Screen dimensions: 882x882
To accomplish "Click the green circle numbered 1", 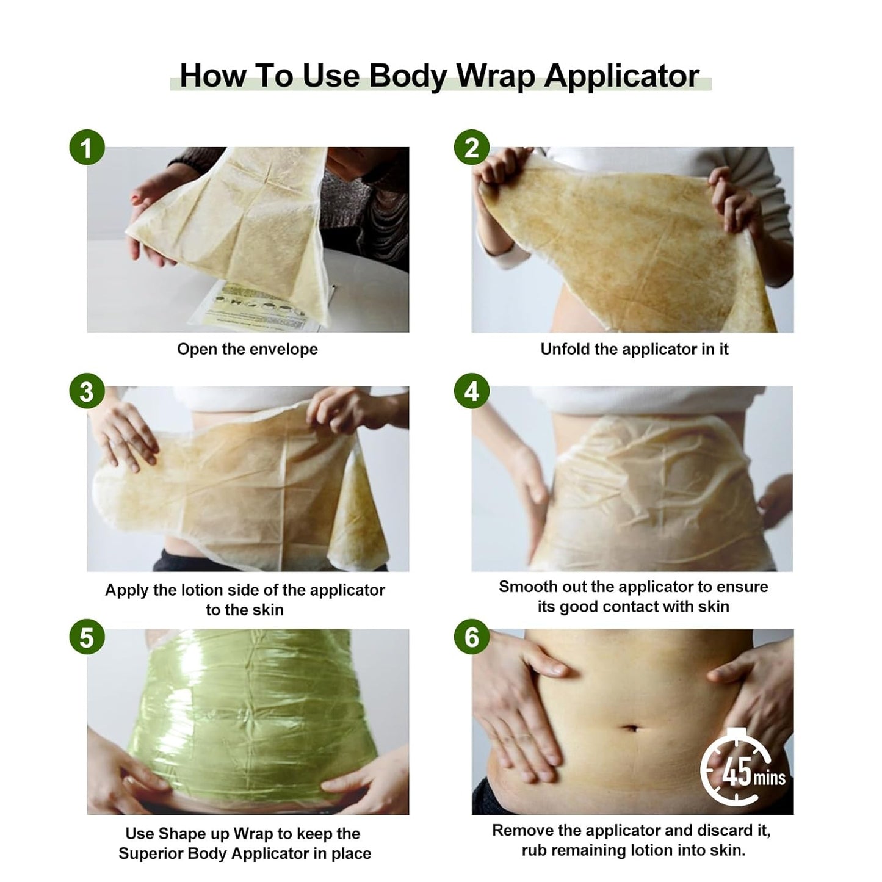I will [87, 148].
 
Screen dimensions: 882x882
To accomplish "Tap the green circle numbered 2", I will [472, 148].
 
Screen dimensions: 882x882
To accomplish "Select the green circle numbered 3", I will [87, 391].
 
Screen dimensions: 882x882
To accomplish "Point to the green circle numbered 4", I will [472, 391].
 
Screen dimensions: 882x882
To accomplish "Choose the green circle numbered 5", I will [87, 637].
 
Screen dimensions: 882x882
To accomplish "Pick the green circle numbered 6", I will [472, 637].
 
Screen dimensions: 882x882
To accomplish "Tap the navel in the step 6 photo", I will [632, 728].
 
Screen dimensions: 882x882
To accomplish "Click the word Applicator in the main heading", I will [621, 76].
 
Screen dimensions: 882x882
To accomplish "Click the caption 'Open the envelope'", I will [247, 349].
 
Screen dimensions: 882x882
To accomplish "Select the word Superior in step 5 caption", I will [150, 853].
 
